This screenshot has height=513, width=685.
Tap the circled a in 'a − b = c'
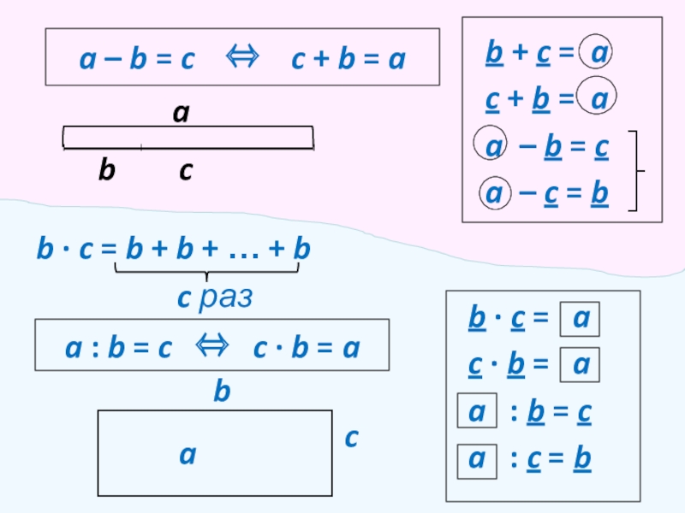494,148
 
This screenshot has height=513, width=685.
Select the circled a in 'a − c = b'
494,194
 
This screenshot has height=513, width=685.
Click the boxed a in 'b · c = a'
579,319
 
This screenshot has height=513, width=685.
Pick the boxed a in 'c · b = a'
579,365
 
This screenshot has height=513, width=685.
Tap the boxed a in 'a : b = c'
476,411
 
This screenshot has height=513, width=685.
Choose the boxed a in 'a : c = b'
476,458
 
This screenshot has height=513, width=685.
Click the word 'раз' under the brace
225,298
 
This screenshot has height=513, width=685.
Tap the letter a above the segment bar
181,111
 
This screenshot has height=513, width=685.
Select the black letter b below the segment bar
105,171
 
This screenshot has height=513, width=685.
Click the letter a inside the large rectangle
188,456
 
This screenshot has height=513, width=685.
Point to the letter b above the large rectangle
222,392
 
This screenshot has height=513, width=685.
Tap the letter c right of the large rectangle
351,438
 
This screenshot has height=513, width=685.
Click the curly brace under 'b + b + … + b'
206,273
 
